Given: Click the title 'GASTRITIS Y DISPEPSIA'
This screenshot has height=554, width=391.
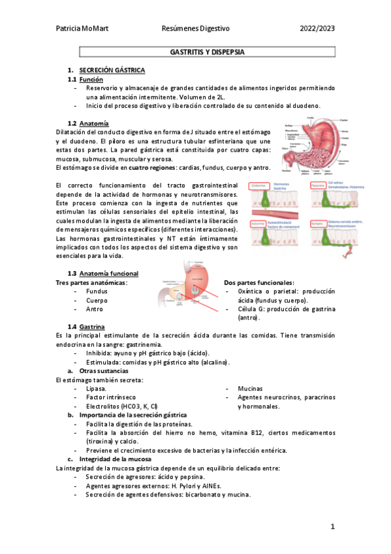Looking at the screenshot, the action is [207, 50].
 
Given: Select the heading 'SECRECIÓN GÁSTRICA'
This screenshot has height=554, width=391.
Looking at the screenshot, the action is [112, 69].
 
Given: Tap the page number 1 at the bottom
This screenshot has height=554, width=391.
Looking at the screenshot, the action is [332, 527].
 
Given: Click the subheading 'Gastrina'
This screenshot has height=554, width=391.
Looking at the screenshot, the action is [93, 326].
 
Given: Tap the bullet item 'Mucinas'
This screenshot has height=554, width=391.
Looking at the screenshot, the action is [251, 387].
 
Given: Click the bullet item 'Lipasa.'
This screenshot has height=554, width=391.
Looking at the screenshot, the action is [98, 387].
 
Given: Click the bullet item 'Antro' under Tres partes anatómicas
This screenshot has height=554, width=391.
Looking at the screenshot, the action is [95, 309].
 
